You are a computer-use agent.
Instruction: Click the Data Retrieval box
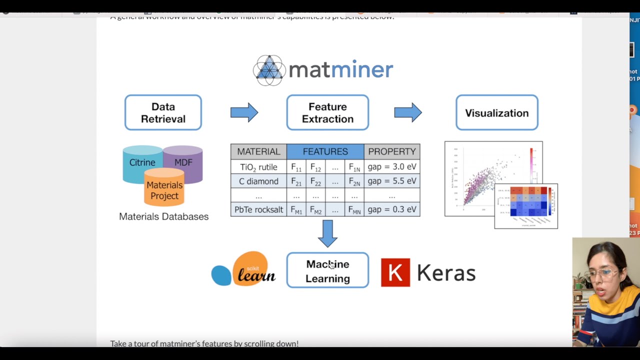(163, 113)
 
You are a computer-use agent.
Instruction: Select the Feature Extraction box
(327, 113)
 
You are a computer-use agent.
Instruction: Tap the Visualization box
(496, 113)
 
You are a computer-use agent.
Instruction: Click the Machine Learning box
(327, 270)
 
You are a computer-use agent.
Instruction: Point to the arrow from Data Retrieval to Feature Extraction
(244, 112)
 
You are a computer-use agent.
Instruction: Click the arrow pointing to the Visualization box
(408, 112)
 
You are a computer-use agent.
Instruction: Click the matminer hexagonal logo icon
(269, 70)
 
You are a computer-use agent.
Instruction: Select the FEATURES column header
(325, 151)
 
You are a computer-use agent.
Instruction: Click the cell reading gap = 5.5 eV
(392, 181)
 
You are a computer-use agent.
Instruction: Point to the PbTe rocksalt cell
(258, 209)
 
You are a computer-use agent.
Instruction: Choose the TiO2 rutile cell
(258, 167)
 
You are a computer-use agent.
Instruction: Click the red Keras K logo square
(395, 272)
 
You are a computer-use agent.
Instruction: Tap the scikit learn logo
(243, 270)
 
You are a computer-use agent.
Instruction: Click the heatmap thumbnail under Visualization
(526, 206)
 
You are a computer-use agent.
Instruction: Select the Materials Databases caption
(163, 216)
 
